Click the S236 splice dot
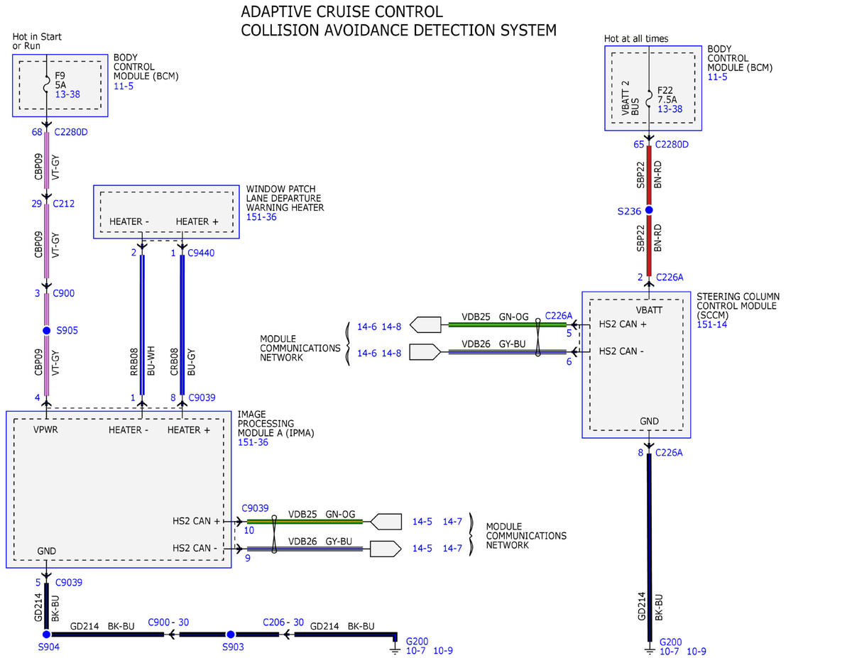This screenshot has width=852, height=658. point(649,210)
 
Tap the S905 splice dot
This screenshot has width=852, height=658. point(47,330)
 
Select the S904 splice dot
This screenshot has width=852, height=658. point(46,634)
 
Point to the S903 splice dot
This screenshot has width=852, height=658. point(231,634)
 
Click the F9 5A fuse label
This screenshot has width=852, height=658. point(60,80)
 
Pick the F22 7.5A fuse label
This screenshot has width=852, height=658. point(667,95)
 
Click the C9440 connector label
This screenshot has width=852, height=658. point(201,253)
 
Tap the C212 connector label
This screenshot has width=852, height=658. point(63,204)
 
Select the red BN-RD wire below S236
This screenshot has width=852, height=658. point(649,246)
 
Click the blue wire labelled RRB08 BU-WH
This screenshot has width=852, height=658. point(142,325)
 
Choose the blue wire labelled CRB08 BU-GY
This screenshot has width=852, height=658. point(182,325)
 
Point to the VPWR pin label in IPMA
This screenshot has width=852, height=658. point(45,429)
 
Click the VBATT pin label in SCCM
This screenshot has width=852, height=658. point(649,310)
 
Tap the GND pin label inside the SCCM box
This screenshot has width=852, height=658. point(649,421)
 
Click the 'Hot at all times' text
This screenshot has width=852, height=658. point(636,38)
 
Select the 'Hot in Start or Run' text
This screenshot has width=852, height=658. point(37,41)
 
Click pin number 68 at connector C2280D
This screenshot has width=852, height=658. point(37,132)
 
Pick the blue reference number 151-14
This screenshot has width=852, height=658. point(711,324)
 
